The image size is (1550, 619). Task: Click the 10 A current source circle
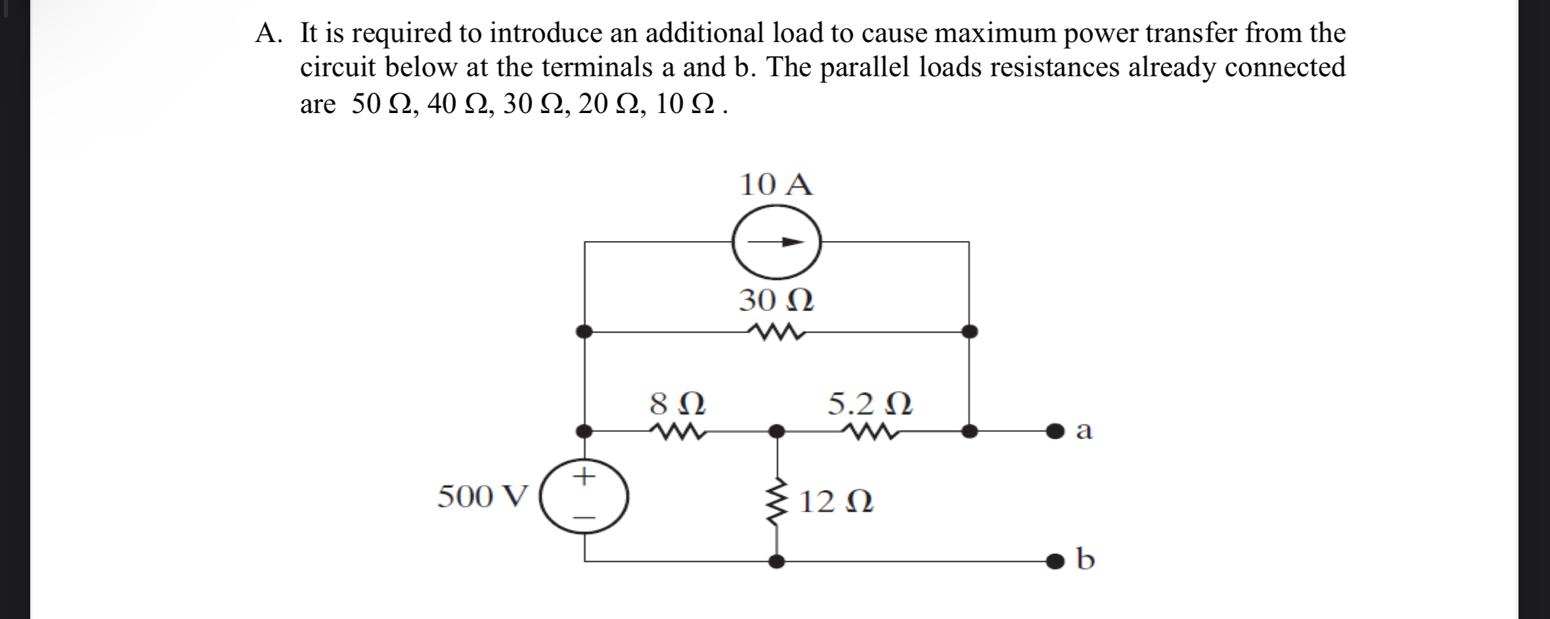click(x=776, y=242)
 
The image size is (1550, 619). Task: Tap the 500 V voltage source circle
click(x=584, y=497)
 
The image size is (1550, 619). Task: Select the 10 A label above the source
click(x=776, y=185)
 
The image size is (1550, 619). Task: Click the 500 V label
click(x=483, y=497)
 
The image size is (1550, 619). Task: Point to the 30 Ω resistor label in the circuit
click(x=776, y=301)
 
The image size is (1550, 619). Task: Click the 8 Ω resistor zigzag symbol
click(x=676, y=432)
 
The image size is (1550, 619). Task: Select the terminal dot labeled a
click(x=1054, y=432)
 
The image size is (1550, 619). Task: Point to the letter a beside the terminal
click(x=1084, y=431)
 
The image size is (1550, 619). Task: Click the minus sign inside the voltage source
click(x=584, y=518)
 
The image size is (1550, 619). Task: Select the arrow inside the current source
click(x=778, y=242)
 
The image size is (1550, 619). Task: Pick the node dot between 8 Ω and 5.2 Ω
click(x=777, y=432)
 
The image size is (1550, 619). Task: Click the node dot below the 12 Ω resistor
click(x=777, y=561)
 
